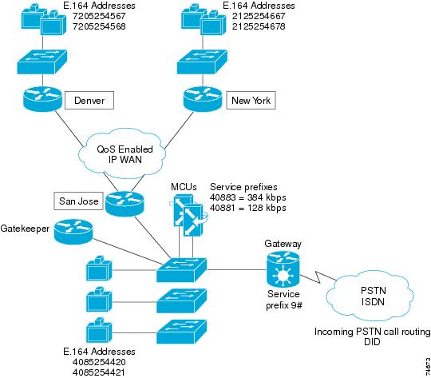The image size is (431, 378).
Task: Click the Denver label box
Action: pos(94,101)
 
